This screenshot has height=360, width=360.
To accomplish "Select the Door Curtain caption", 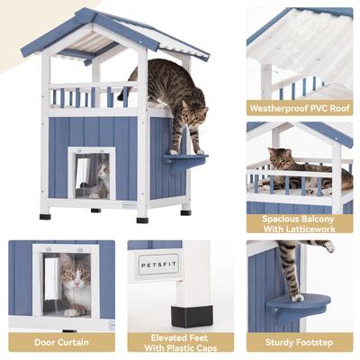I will (x=61, y=342).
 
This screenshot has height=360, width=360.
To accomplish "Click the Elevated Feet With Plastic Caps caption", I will (x=180, y=342).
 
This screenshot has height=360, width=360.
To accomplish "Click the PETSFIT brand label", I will (x=159, y=267).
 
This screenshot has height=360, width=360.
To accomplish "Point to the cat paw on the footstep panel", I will (x=296, y=295).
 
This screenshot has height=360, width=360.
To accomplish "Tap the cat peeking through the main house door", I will (x=102, y=173).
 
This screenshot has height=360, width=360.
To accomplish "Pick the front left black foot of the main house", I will (x=44, y=215).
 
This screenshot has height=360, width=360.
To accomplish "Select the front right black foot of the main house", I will (x=142, y=218).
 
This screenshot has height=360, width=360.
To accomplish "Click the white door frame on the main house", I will (x=72, y=171).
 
